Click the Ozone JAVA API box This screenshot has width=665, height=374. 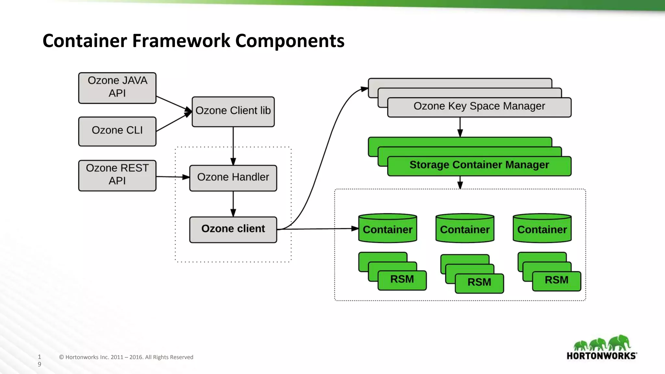point(117,88)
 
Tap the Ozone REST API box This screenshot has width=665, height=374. point(117,175)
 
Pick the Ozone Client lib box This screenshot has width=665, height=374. point(233,111)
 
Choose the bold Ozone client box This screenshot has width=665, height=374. point(233,229)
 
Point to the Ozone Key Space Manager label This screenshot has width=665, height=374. point(479,106)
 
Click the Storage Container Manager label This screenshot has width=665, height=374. point(479,165)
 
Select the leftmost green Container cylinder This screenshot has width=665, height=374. point(388,229)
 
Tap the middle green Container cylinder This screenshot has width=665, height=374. point(465,229)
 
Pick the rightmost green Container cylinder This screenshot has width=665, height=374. point(542,229)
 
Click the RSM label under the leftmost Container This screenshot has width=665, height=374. point(402,280)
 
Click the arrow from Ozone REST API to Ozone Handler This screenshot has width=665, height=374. point(172,177)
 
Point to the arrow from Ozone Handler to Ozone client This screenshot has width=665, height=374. point(233,204)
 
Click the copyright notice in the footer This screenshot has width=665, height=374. point(126,357)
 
